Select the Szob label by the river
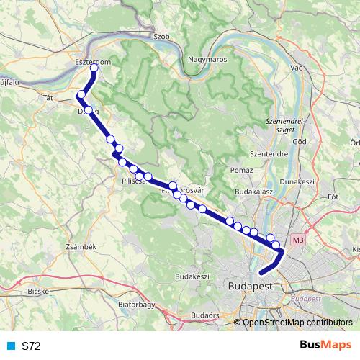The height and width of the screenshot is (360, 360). click(x=161, y=35)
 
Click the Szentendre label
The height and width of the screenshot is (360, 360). click(x=269, y=153)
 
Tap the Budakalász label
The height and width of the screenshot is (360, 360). click(x=253, y=193)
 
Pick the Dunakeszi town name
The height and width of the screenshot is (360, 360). click(x=298, y=182)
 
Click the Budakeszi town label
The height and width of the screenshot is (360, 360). click(x=192, y=276)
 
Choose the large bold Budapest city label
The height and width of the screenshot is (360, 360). click(x=250, y=287)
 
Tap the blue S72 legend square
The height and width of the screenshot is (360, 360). click(x=10, y=346)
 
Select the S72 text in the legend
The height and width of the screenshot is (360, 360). click(x=31, y=346)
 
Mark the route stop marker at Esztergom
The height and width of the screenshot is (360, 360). click(x=93, y=69)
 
